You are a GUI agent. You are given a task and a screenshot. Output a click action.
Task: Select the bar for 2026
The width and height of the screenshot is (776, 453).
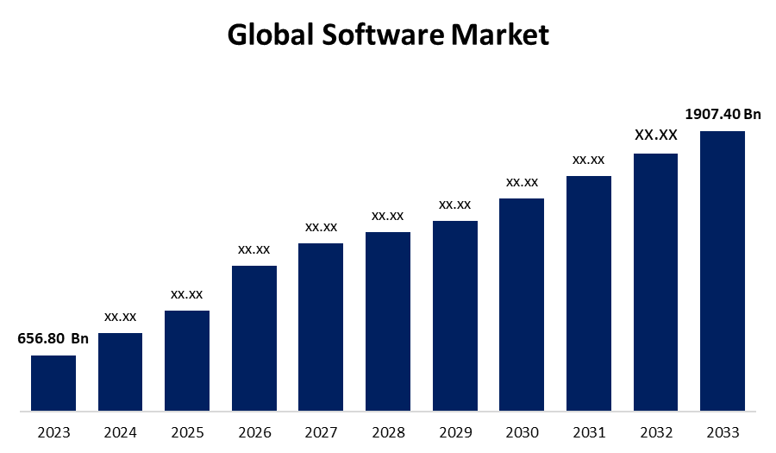tap(254, 337)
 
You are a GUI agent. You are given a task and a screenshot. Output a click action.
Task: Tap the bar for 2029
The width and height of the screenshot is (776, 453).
tap(455, 315)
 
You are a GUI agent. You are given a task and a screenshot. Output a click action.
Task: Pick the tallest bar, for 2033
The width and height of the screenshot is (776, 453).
tap(723, 270)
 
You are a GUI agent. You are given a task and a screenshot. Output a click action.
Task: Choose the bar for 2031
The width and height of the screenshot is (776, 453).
tap(589, 293)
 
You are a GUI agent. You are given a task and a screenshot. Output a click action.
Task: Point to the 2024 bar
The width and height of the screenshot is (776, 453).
tap(120, 371)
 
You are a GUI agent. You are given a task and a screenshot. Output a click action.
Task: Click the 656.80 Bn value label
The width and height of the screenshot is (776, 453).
tap(53, 338)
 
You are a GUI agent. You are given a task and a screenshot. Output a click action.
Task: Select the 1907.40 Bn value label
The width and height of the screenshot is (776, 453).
tap(723, 114)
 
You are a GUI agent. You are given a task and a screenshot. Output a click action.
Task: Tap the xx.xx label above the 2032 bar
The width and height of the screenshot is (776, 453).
tap(656, 135)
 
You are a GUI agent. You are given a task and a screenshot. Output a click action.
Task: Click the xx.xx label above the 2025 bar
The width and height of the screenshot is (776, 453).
tap(187, 293)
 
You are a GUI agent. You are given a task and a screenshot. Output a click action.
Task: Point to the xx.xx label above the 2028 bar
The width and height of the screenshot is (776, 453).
tap(388, 215)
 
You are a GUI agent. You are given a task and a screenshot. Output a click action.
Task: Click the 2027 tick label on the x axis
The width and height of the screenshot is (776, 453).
tap(321, 431)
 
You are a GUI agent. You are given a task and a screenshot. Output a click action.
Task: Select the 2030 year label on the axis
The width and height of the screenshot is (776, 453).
tap(522, 431)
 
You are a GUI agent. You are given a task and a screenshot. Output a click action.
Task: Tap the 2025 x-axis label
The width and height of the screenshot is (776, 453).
tap(187, 431)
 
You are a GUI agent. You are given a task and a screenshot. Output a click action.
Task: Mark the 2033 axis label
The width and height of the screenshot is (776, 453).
tap(723, 431)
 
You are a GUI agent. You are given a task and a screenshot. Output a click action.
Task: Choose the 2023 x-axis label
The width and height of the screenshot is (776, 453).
tap(53, 431)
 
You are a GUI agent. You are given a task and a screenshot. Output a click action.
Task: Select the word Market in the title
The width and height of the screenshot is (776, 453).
tap(501, 35)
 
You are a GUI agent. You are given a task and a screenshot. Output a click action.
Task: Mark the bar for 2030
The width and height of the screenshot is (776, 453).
tap(522, 304)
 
